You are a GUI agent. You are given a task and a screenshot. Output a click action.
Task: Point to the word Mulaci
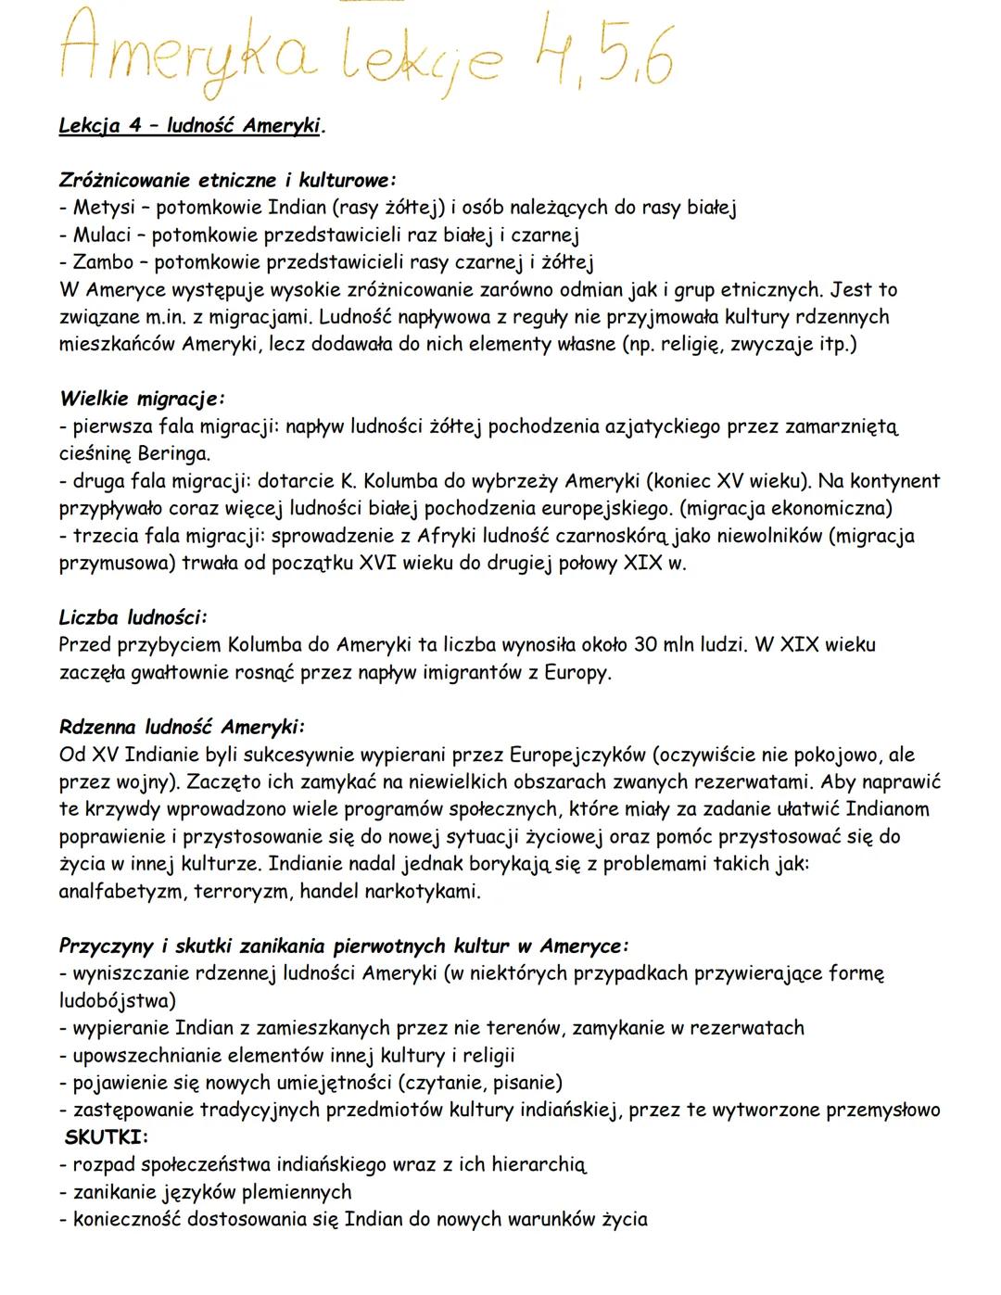coord(102,235)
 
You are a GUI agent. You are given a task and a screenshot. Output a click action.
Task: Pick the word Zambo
coord(103,262)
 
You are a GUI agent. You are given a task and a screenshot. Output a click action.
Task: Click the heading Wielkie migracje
coord(142,400)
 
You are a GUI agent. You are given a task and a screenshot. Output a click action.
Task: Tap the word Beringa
coord(172,454)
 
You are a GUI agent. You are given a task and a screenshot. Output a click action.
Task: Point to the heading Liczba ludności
coord(133,616)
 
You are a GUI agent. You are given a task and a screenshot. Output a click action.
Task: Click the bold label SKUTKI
coord(107,1136)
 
